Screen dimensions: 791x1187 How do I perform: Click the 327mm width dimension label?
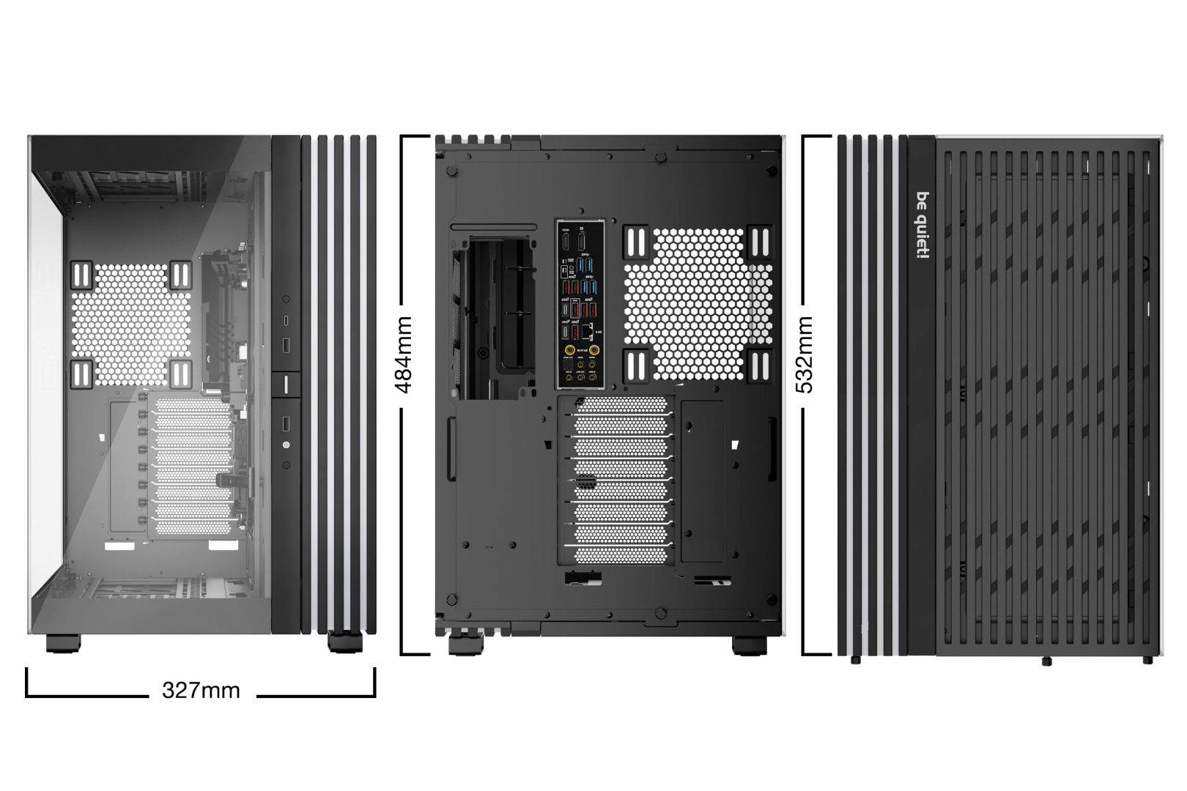(201, 690)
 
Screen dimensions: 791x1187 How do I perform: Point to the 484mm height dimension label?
(404, 354)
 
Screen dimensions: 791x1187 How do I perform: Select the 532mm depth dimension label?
(805, 354)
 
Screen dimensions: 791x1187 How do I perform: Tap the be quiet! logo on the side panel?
(922, 226)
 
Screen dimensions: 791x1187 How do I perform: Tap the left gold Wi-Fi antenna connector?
(569, 350)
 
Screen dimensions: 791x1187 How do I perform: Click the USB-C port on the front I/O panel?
(286, 322)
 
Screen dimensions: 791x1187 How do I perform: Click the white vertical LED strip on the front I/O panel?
(286, 383)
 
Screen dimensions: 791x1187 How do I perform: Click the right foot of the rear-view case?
(750, 645)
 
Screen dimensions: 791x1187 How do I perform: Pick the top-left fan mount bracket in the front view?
(83, 275)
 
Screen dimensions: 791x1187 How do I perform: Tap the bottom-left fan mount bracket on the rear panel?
(635, 364)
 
